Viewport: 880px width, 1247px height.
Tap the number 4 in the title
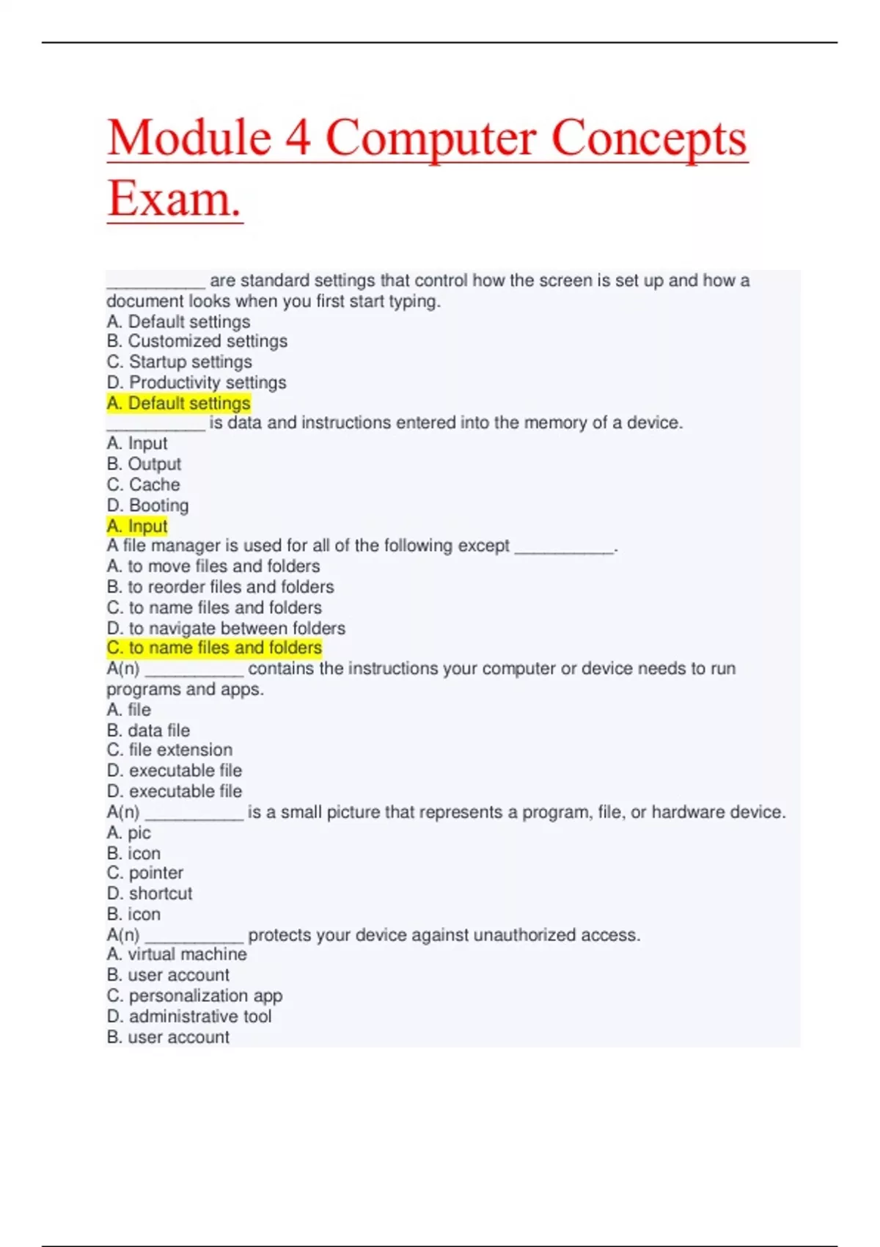coord(297,138)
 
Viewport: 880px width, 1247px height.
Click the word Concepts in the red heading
coord(648,138)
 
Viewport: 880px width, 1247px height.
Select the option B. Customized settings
coord(197,341)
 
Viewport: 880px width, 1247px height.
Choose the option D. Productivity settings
coord(196,382)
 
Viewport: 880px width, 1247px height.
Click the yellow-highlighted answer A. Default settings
coord(178,403)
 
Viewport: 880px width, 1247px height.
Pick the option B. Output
coord(144,464)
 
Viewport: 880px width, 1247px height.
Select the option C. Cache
coord(143,484)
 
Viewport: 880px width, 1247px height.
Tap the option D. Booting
coord(147,505)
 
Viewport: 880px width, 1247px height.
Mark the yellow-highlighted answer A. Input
coord(137,526)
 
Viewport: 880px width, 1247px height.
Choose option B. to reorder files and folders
coord(220,587)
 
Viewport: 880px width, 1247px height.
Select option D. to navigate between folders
coord(226,628)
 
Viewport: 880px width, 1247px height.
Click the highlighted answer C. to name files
coord(214,648)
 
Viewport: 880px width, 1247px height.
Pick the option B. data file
coord(148,730)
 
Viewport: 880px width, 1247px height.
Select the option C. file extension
coord(169,750)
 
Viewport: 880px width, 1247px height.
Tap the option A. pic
coord(128,833)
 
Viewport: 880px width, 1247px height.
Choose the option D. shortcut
coord(150,893)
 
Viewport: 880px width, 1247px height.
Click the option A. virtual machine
coord(177,954)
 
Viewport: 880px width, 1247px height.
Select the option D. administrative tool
coord(189,1016)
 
